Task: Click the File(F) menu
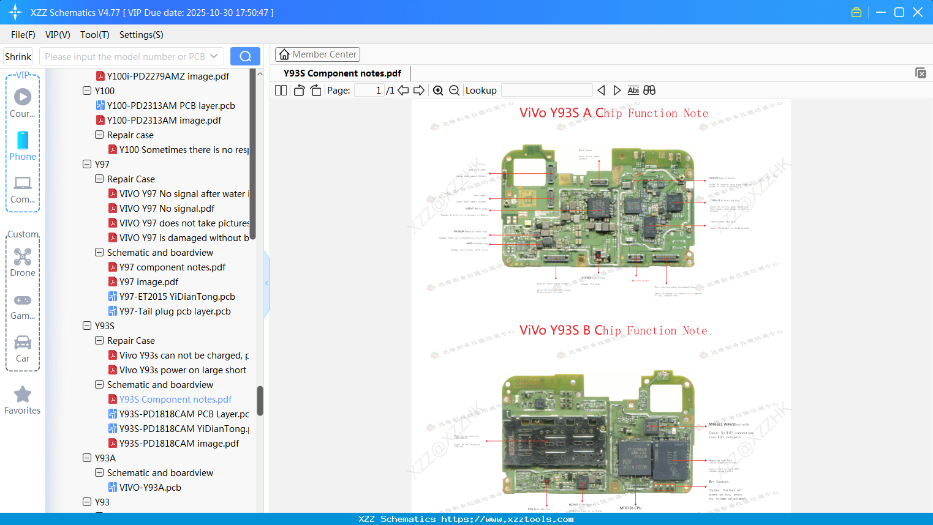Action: pos(23,35)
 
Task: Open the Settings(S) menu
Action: pos(141,35)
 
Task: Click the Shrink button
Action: pos(18,57)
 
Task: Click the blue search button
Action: pos(245,56)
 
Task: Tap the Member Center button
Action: pos(317,54)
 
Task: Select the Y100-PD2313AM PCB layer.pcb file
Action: pos(170,106)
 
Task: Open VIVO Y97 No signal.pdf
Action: pos(167,209)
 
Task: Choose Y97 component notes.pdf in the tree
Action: pos(172,267)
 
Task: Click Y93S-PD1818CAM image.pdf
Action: pos(179,444)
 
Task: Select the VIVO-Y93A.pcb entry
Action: pos(150,488)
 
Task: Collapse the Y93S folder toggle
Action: pos(87,326)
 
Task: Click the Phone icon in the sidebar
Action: pos(23,146)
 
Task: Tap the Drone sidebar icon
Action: pos(23,262)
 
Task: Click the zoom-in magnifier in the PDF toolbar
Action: pos(438,91)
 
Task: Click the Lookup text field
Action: pos(546,91)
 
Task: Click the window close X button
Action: pos(918,12)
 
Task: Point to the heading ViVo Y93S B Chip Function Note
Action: pos(613,330)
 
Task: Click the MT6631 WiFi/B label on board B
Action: pos(722,424)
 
